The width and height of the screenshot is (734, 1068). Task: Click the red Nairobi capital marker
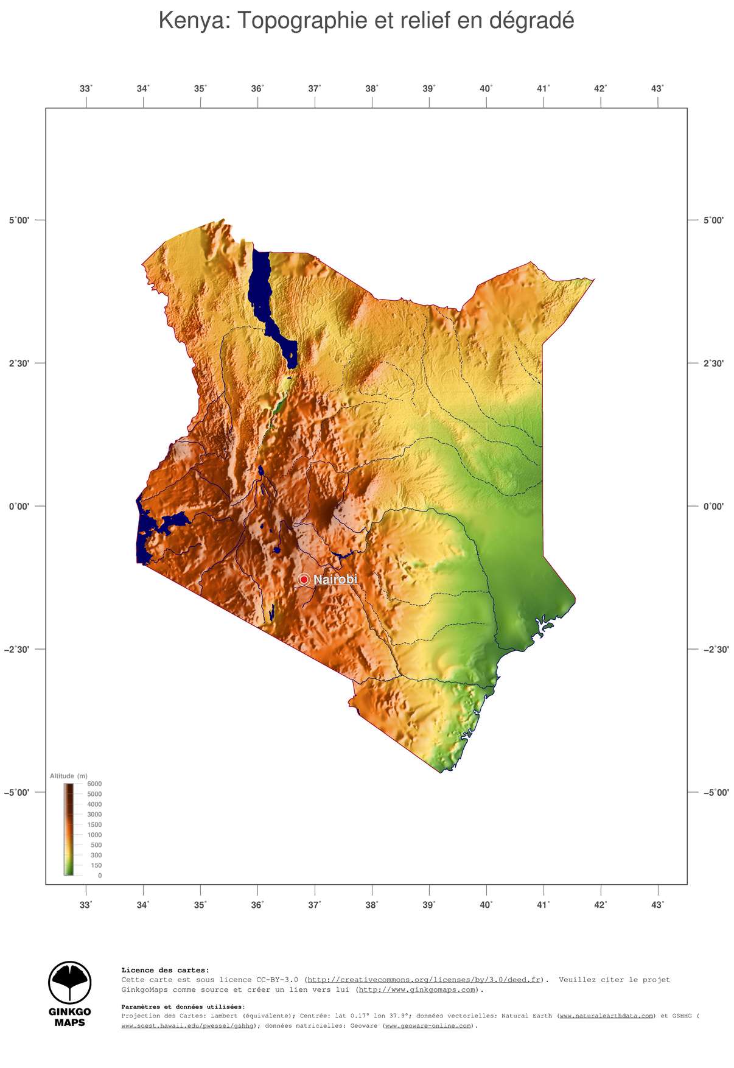pyautogui.click(x=304, y=580)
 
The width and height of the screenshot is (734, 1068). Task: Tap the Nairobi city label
pyautogui.click(x=335, y=580)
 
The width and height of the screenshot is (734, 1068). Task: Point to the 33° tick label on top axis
pyautogui.click(x=86, y=89)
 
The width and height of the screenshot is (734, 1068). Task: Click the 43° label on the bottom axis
pyautogui.click(x=657, y=905)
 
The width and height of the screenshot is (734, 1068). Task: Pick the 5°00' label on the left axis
pyautogui.click(x=19, y=220)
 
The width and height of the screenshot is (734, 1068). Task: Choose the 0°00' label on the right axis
pyautogui.click(x=713, y=507)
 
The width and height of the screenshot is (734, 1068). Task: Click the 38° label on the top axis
pyautogui.click(x=372, y=89)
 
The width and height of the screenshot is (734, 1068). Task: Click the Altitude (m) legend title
pyautogui.click(x=68, y=776)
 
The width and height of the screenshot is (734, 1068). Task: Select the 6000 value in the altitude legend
pyautogui.click(x=94, y=784)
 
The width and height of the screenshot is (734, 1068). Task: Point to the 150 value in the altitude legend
pyautogui.click(x=96, y=865)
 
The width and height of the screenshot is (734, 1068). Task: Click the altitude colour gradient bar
pyautogui.click(x=68, y=829)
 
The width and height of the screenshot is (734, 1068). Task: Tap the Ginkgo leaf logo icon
pyautogui.click(x=70, y=983)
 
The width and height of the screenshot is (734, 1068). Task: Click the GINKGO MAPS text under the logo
pyautogui.click(x=70, y=1017)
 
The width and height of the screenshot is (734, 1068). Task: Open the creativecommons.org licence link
pyautogui.click(x=424, y=980)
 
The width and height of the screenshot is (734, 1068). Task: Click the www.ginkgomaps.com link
pyautogui.click(x=417, y=990)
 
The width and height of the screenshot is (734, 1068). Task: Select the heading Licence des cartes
pyautogui.click(x=165, y=970)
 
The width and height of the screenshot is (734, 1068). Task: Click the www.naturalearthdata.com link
pyautogui.click(x=607, y=1016)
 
